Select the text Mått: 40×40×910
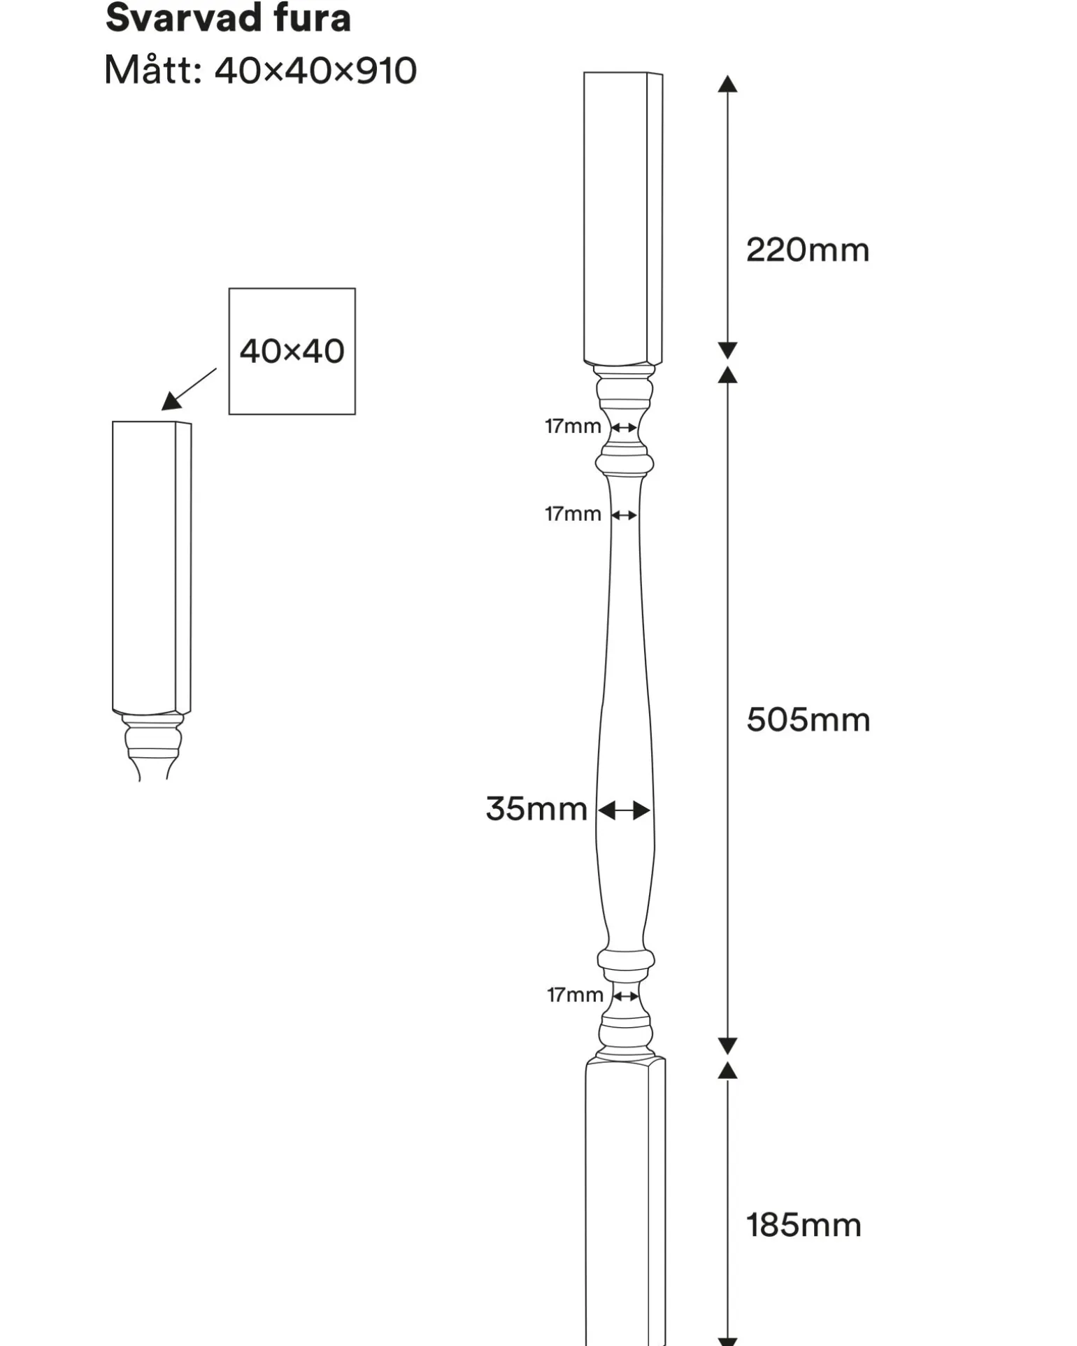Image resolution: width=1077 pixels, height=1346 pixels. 260,71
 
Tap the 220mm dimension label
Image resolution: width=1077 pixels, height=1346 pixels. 808,250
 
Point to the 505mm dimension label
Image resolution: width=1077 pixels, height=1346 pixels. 808,720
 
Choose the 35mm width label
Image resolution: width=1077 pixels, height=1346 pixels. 536,809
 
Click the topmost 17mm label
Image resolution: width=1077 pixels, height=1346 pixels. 573,426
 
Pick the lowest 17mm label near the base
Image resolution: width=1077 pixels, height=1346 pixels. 575,995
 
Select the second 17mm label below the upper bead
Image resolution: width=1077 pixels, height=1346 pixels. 573,514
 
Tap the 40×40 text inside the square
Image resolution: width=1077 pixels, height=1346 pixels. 292,351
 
